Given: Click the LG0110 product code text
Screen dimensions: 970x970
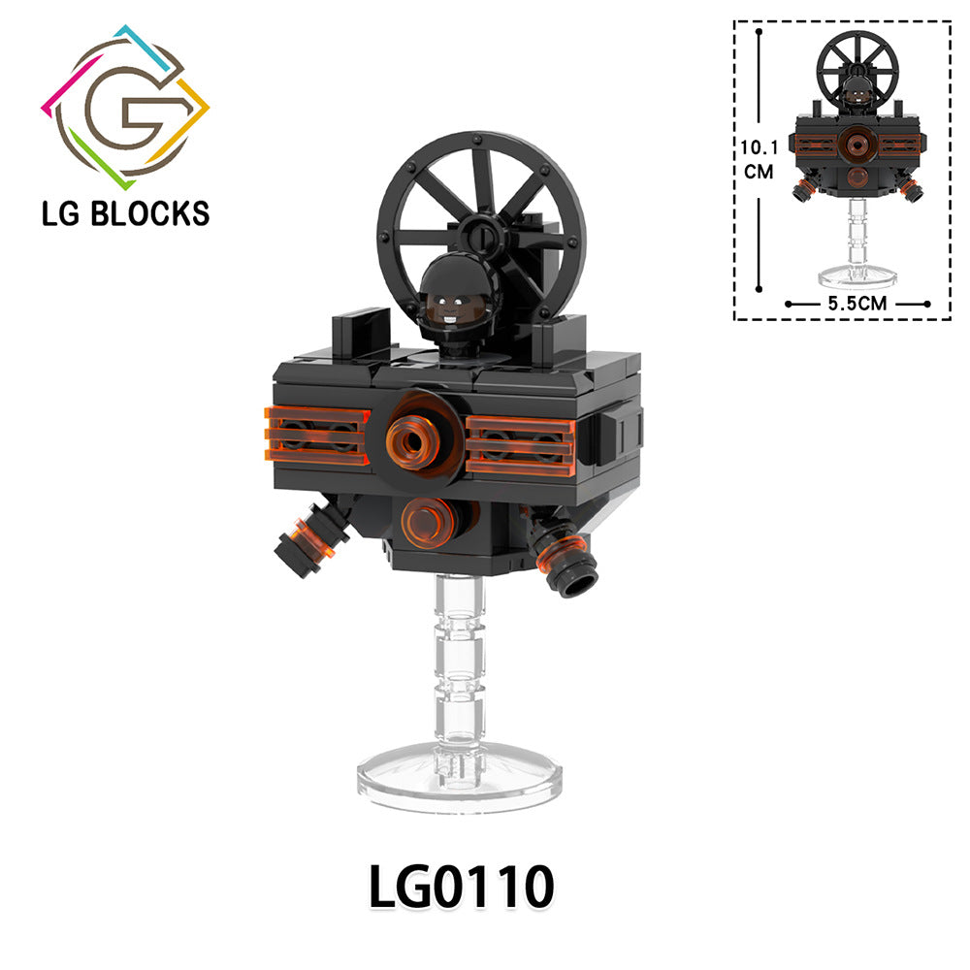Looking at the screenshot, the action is tap(461, 887).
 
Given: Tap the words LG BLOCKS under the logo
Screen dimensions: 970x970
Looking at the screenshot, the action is tap(125, 213).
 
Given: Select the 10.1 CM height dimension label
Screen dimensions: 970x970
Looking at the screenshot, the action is tap(760, 159).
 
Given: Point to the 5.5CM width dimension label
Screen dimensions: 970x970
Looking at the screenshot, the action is tap(857, 303).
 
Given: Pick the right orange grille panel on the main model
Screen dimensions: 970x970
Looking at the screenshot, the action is tap(521, 445).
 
